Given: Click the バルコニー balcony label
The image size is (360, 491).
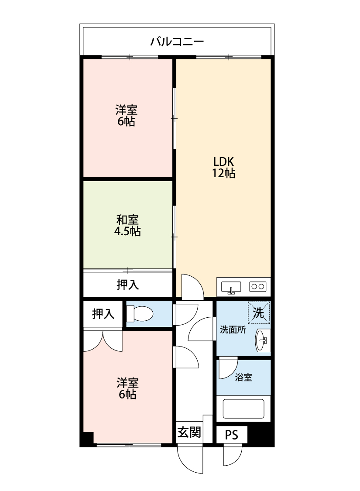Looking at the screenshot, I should tap(177, 42).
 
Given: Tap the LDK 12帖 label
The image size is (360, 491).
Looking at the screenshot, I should tap(223, 167).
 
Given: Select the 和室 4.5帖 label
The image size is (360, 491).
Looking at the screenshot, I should tap(127, 225).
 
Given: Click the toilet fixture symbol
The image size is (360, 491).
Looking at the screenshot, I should tap(140, 313).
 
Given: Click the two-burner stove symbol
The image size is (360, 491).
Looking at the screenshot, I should tap(257, 287).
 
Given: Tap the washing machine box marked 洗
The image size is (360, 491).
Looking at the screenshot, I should tap(259, 312).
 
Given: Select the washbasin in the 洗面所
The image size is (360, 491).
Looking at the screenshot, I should tap(262, 340).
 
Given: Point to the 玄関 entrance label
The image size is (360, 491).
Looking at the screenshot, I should tap(189, 433).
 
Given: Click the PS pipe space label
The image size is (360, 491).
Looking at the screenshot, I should tap(231, 435).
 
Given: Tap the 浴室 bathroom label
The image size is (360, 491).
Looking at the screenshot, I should tap(243, 378).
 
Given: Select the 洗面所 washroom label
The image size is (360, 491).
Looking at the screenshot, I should tap(232, 330).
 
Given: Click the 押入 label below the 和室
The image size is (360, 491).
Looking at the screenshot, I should tap(127, 285).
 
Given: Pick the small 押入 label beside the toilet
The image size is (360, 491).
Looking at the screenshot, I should tap(103, 313).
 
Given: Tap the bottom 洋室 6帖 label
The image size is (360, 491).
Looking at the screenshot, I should tap(127, 388).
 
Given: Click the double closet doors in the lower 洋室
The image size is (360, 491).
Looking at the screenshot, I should tap(103, 340).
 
